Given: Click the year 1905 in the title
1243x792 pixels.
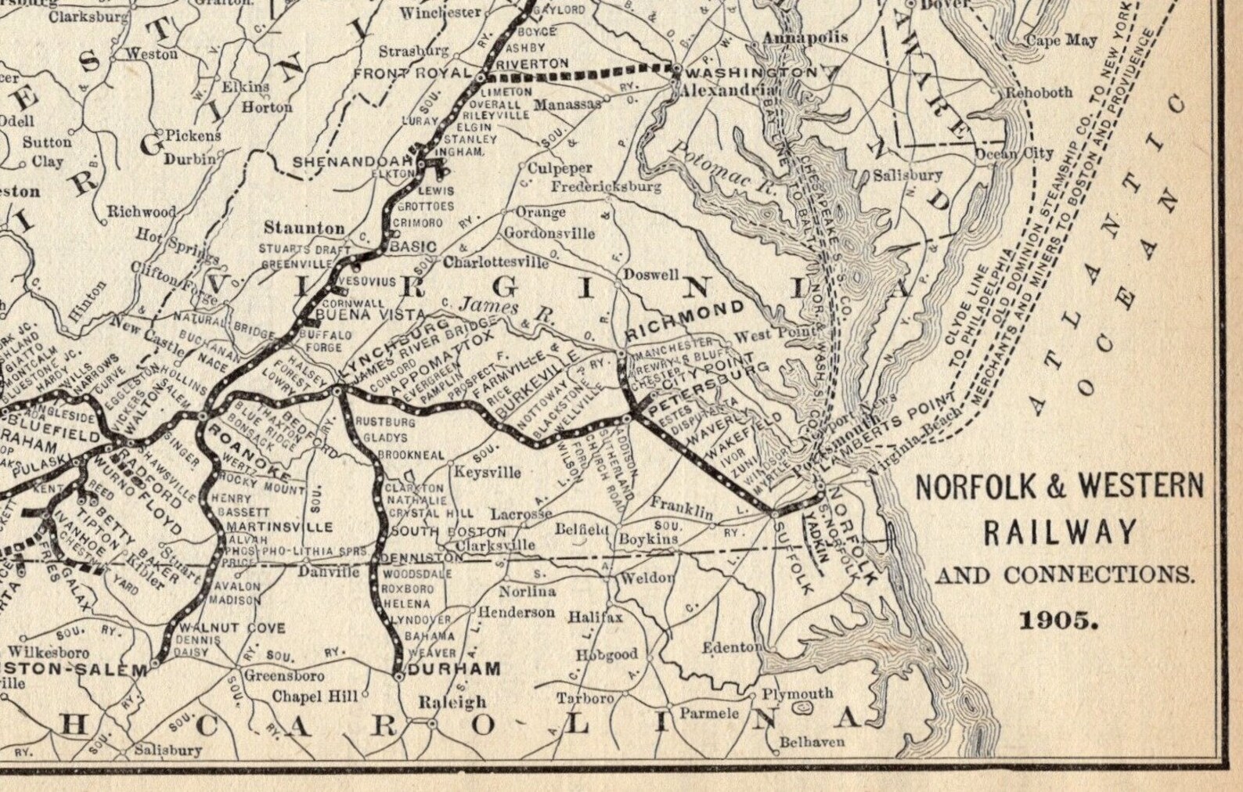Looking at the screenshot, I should [1059, 621].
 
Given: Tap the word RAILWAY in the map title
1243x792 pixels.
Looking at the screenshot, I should [1060, 533].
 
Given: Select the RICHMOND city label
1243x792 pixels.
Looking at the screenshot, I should [686, 319].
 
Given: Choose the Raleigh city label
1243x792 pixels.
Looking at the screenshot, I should [452, 702].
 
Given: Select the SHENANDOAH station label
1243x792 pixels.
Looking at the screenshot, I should [353, 162].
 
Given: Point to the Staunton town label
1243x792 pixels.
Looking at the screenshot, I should [304, 229].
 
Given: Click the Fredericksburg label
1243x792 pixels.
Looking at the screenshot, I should [606, 187].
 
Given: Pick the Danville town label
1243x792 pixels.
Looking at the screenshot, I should [329, 572].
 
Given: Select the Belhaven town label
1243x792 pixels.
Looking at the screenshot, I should [812, 741].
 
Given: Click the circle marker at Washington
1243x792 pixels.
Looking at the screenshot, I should [676, 70].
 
